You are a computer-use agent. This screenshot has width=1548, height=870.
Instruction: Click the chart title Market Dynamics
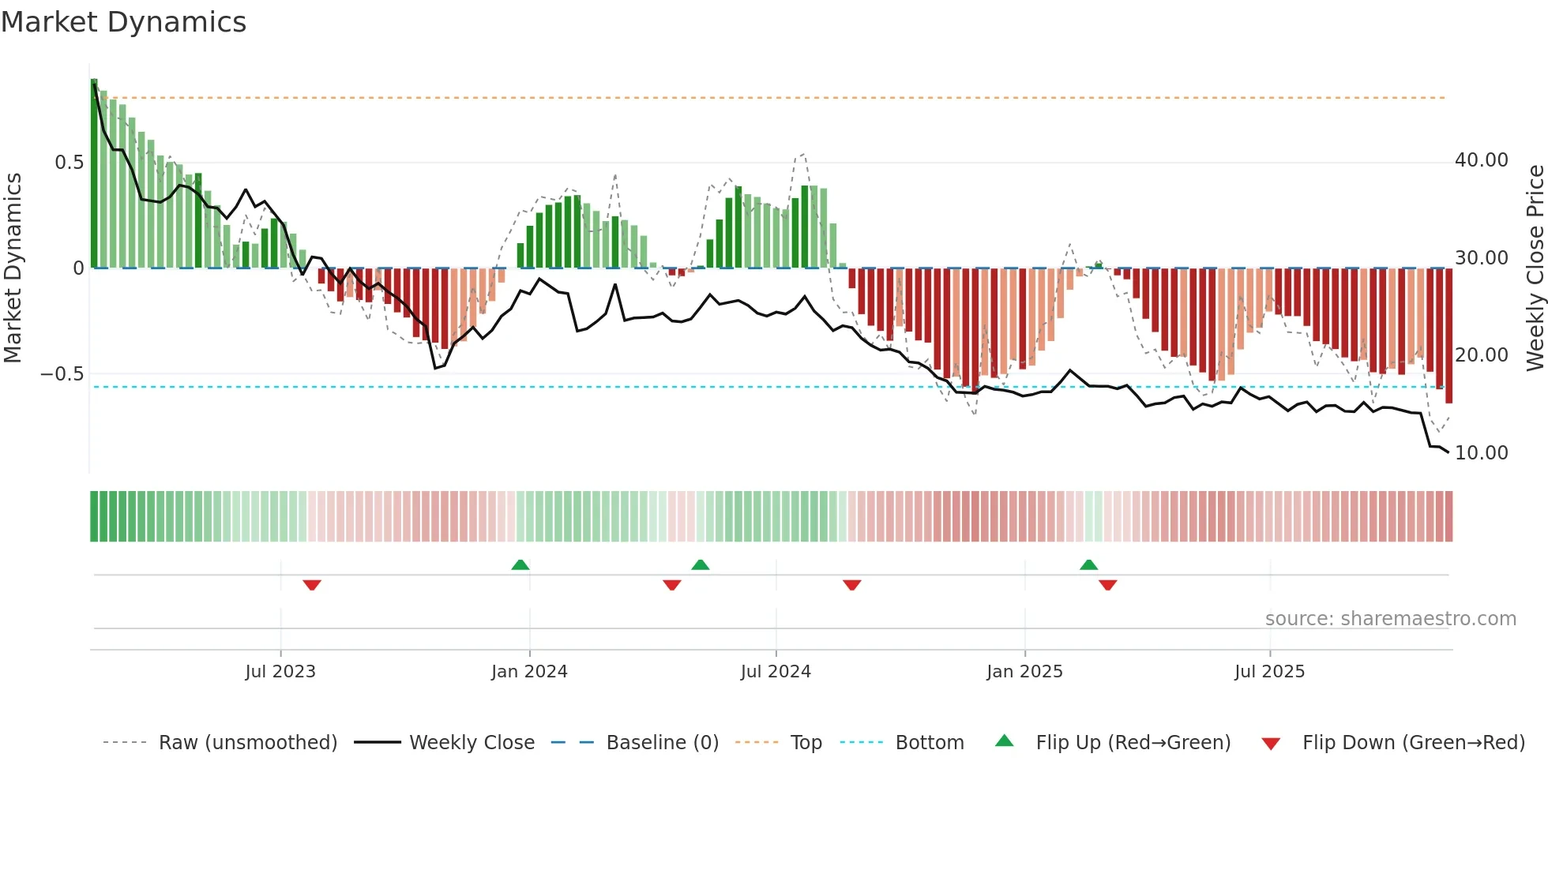[123, 22]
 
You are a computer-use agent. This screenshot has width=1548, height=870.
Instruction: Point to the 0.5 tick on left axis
[69, 163]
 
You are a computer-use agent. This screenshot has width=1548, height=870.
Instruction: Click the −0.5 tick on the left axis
[62, 374]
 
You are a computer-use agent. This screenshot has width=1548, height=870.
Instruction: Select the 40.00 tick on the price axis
[1481, 160]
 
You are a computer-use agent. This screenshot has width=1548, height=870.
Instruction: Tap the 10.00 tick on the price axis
[1481, 453]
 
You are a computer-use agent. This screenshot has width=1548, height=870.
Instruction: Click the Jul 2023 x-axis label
[280, 672]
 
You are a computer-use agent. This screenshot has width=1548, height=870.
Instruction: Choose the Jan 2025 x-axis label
[1024, 672]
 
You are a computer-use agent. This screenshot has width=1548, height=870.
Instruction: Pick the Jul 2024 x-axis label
[776, 672]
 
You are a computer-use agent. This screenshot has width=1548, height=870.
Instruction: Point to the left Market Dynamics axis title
[13, 268]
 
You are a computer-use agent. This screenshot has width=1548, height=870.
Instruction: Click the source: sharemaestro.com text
[1390, 619]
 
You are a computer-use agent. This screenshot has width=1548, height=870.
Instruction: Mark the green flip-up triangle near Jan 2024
[520, 564]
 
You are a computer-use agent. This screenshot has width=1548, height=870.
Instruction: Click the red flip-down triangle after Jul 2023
[312, 585]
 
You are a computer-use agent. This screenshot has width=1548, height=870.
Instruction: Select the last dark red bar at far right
[1448, 336]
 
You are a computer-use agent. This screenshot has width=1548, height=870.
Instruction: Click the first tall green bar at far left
[94, 174]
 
